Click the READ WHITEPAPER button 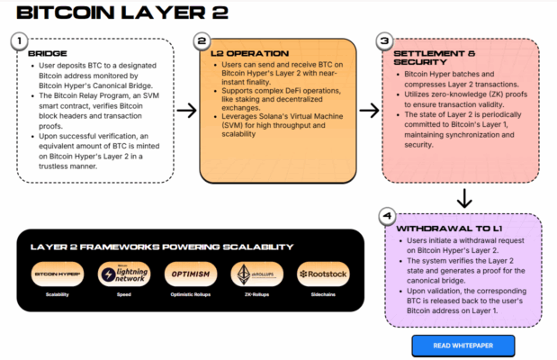(463, 345)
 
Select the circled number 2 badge (202, 40)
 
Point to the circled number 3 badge (385, 40)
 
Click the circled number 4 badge (386, 216)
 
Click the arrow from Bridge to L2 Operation (186, 111)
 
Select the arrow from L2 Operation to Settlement (370, 111)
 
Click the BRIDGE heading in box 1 (41, 54)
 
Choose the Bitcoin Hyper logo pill (58, 274)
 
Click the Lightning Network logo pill (125, 274)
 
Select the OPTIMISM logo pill (191, 274)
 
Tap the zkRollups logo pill (256, 274)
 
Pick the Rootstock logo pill (322, 274)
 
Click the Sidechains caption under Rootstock (322, 294)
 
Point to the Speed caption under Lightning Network (125, 294)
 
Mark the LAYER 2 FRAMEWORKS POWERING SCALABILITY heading (161, 246)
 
